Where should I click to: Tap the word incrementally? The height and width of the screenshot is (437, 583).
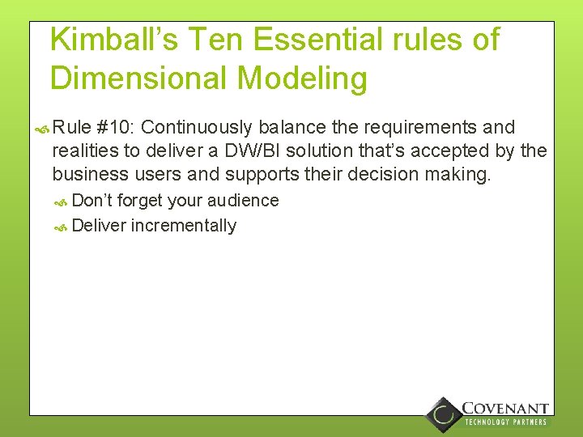point(184,226)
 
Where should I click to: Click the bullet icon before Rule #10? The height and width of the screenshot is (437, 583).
point(43,128)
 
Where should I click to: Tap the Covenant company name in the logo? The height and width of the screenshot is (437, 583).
point(505,409)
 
